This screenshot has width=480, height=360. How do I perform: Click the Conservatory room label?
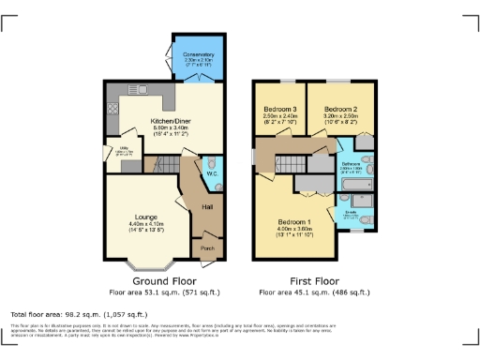point(199,54)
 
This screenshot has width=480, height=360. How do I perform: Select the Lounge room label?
point(146,217)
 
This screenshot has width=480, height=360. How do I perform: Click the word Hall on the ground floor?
point(207,205)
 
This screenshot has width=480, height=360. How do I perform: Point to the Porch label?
point(207,248)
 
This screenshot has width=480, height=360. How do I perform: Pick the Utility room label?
point(124,147)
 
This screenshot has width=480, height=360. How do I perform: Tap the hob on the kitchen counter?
point(112,108)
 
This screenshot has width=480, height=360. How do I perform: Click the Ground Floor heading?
point(164,280)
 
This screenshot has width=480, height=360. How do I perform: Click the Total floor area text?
point(80,313)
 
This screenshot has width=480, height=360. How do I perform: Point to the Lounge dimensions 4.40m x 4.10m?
point(146,224)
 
